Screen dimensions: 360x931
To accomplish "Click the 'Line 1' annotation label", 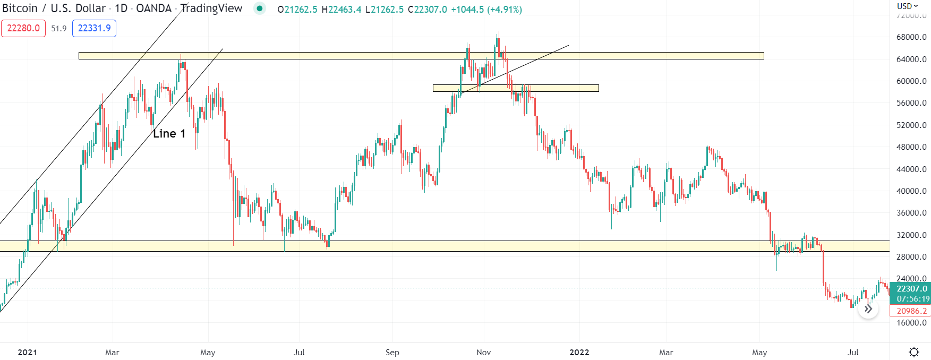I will pos(169,134).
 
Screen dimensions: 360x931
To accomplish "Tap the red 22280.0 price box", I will pos(23,28).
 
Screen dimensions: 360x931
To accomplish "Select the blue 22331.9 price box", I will pos(94,28).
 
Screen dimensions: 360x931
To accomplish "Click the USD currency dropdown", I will pos(907,6).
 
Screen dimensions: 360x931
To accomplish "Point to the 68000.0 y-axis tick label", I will pos(911,37).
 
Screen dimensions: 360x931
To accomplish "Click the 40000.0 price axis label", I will pos(911,191).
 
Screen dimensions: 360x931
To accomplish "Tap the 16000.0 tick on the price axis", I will pos(911,323).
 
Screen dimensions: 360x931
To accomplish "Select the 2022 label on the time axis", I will pos(579,353).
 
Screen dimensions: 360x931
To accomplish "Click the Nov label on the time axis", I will pos(483,353).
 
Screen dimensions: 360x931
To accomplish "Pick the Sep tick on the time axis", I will pos(392,353).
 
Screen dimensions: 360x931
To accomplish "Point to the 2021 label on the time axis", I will pos(27,353).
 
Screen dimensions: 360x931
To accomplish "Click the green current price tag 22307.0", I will pos(911,289).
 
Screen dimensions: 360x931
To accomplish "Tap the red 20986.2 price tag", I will pos(911,311).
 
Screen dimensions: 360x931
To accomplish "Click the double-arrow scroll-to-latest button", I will pos(868,308).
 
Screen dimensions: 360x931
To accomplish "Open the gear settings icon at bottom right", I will pos(914,352).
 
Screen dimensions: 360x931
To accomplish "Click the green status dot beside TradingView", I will pos(259,8).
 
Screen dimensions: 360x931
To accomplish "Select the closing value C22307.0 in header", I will pos(428,10).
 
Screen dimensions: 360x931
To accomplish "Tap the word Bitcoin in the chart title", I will pos(20,8).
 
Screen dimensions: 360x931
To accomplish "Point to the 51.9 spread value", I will pos(59,29).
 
